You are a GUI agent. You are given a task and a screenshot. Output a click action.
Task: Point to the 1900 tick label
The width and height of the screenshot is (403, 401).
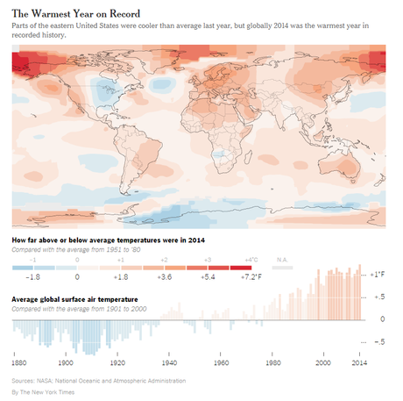[66, 362]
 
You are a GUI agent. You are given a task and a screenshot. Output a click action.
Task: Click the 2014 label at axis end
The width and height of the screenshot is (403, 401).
[360, 362]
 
